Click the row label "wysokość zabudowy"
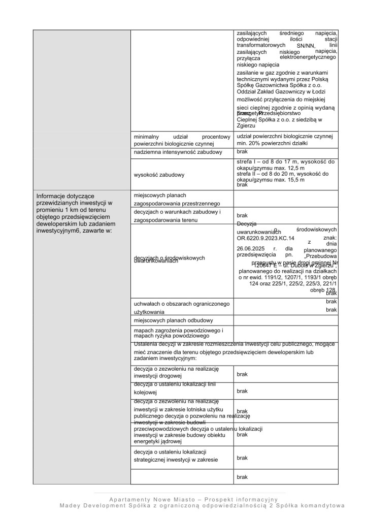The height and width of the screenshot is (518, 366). point(158,175)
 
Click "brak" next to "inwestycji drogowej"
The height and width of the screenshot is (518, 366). point(242,374)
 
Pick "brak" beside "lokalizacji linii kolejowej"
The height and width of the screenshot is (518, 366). point(242,391)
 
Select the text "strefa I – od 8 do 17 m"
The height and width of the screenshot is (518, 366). point(267,161)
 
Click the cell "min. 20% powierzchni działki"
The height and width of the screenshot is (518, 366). point(272,143)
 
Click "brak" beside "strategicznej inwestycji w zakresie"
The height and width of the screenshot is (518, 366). point(242,458)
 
